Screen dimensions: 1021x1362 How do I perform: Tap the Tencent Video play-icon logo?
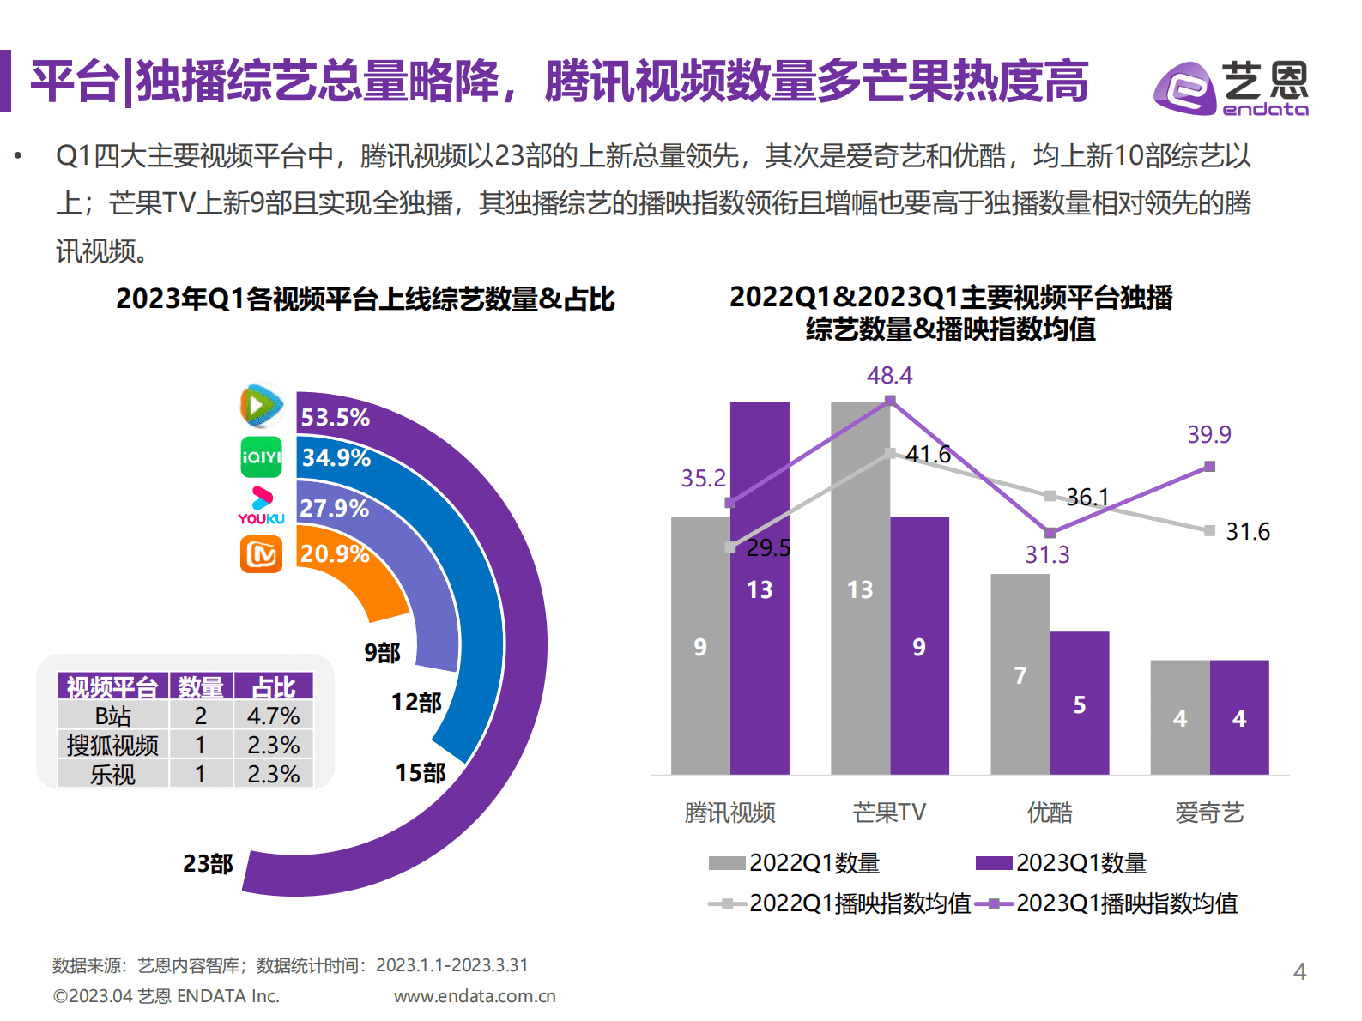pyautogui.click(x=261, y=405)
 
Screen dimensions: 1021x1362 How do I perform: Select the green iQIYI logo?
pyautogui.click(x=261, y=457)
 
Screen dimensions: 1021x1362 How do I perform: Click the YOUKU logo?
pyautogui.click(x=261, y=506)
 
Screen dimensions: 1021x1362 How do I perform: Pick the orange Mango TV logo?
pyautogui.click(x=261, y=554)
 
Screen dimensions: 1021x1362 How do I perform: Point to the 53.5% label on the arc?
pyautogui.click(x=335, y=418)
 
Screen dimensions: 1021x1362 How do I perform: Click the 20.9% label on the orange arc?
pyautogui.click(x=335, y=554)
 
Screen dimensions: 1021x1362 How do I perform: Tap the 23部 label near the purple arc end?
pyautogui.click(x=208, y=863)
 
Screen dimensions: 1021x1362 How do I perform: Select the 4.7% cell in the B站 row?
pyautogui.click(x=273, y=716)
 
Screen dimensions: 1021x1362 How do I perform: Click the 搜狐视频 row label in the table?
pyautogui.click(x=112, y=745)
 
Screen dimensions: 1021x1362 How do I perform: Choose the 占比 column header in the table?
pyautogui.click(x=273, y=686)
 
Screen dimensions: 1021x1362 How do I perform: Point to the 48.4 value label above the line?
pyautogui.click(x=889, y=376)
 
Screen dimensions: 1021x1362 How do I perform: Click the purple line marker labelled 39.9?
pyautogui.click(x=1209, y=467)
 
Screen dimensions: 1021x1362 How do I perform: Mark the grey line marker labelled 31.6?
pyautogui.click(x=1209, y=531)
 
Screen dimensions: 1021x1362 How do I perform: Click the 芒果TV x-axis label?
pyautogui.click(x=889, y=813)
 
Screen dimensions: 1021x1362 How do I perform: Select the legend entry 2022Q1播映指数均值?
pyautogui.click(x=841, y=903)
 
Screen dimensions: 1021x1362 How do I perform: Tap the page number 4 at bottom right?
pyautogui.click(x=1299, y=971)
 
